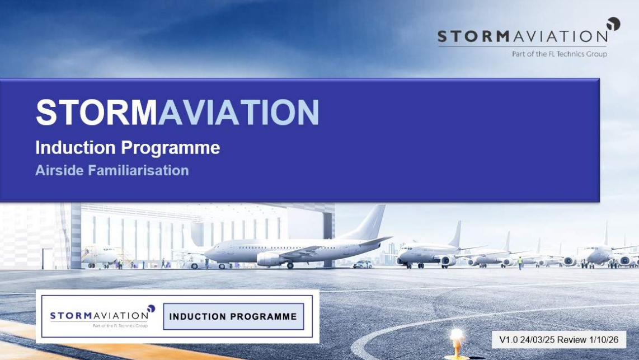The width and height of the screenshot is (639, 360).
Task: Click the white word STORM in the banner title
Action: [97, 112]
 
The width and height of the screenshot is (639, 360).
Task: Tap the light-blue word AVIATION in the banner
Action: [238, 112]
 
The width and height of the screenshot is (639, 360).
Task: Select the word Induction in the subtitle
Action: [76, 147]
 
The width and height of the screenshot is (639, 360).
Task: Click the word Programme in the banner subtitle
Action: [170, 148]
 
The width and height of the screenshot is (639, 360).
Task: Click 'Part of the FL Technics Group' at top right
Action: [560, 54]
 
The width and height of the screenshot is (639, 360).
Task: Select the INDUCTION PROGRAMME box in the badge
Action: [233, 316]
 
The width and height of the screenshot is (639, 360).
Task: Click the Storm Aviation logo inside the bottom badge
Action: [102, 316]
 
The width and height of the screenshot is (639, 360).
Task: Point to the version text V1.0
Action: [508, 340]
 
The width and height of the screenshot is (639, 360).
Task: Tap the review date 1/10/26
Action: [604, 340]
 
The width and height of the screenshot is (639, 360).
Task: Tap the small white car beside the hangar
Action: [362, 264]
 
